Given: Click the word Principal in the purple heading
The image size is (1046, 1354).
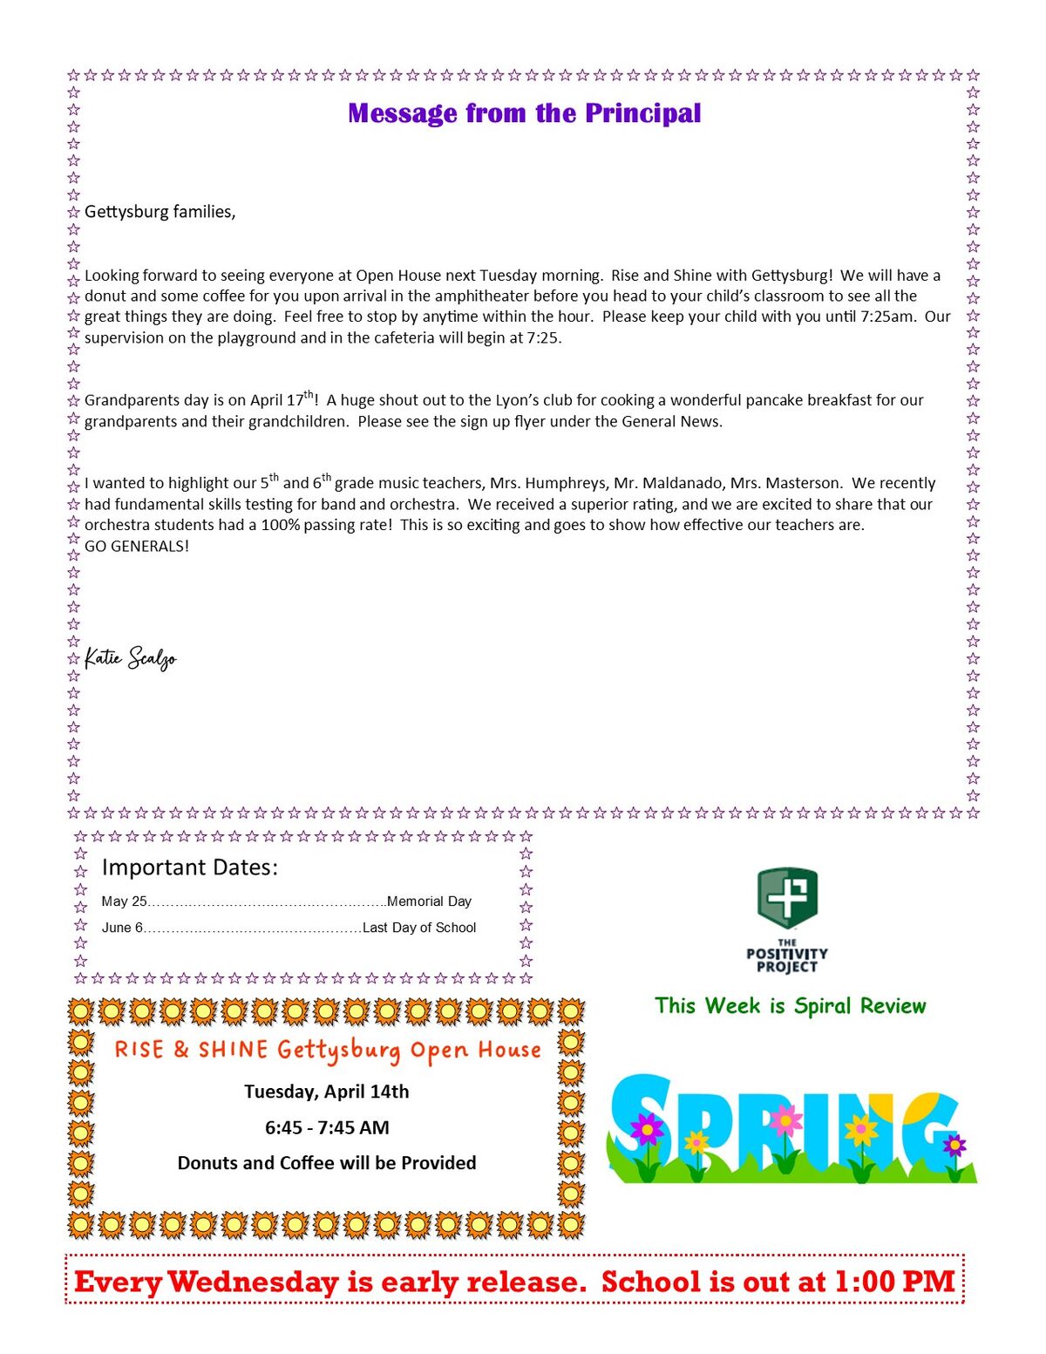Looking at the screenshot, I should tap(642, 113).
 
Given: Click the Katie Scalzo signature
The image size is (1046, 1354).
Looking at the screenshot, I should tap(131, 658).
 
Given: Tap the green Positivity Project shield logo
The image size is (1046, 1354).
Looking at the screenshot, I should tap(787, 899).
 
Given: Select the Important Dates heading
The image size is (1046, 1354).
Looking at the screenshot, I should tap(189, 868).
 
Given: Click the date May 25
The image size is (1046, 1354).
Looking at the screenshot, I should tap(125, 902).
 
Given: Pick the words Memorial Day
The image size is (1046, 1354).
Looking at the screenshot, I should tap(429, 902).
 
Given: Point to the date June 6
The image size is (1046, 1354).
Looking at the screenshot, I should tap(122, 928).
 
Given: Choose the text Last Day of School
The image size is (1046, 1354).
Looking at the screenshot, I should tap(419, 928).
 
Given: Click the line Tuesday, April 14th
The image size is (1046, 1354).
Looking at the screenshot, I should tap(326, 1092).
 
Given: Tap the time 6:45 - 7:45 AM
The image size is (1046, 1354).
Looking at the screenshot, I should tap(327, 1127).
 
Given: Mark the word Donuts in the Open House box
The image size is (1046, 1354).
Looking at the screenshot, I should tap(208, 1163).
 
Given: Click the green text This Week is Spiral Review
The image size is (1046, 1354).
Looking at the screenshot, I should tap(790, 1006).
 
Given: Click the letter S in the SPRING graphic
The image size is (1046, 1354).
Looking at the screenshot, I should tap(642, 1125).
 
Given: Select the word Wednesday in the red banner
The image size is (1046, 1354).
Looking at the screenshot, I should tap(253, 1283).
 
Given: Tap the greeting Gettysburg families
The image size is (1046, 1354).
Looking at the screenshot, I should tap(160, 212).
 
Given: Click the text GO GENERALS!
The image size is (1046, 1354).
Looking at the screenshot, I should tap(136, 547).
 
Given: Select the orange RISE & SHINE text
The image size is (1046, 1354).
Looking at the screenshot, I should tap(191, 1050).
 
